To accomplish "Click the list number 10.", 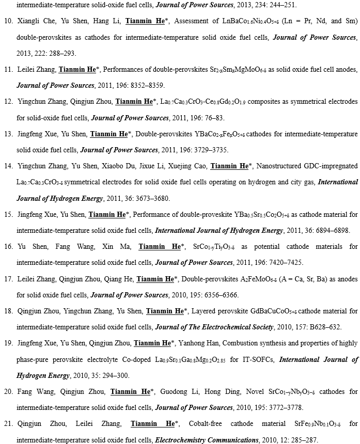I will (8, 21).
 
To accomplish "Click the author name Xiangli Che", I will (35, 21).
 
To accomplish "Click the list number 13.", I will (8, 134).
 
